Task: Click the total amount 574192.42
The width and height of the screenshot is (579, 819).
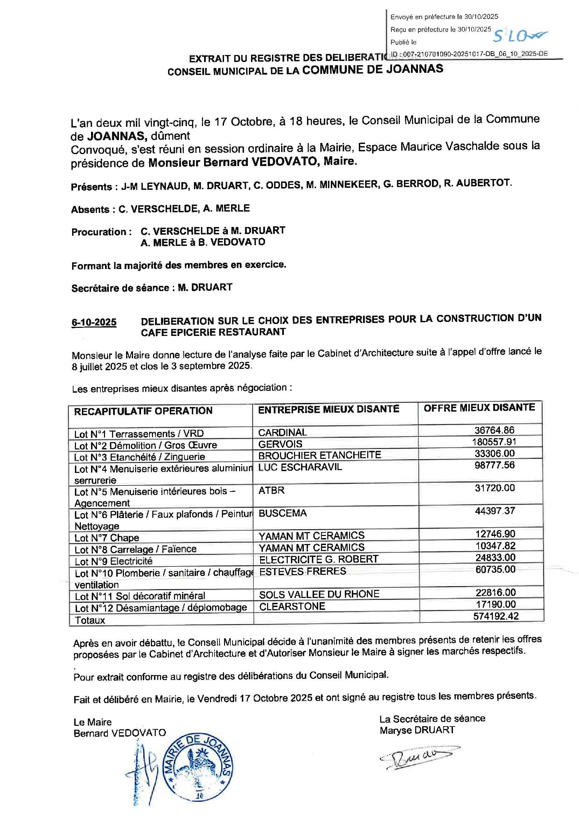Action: [x=496, y=616]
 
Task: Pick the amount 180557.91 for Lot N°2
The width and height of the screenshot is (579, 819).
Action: [x=494, y=442]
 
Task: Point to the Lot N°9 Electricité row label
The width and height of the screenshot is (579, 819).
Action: [x=113, y=561]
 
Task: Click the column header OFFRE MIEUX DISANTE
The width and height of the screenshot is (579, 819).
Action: [x=479, y=408]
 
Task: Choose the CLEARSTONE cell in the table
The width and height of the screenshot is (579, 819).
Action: [x=292, y=606]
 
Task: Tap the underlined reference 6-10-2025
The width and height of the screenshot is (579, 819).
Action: [x=94, y=322]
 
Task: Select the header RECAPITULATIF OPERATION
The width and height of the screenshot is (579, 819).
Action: [x=143, y=411]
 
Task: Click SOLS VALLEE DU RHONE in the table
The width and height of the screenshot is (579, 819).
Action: [x=319, y=594]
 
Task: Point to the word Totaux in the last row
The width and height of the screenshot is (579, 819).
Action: [x=90, y=620]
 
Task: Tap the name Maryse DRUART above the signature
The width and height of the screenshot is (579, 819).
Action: [x=417, y=730]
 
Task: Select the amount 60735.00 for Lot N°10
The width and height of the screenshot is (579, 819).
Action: [x=495, y=569]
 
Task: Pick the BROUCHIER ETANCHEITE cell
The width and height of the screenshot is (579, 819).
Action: [x=320, y=455]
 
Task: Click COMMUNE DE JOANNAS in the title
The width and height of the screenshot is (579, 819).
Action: [x=372, y=69]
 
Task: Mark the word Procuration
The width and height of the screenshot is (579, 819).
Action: [x=99, y=232]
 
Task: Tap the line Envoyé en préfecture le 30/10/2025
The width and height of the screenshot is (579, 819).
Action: [x=444, y=17]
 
